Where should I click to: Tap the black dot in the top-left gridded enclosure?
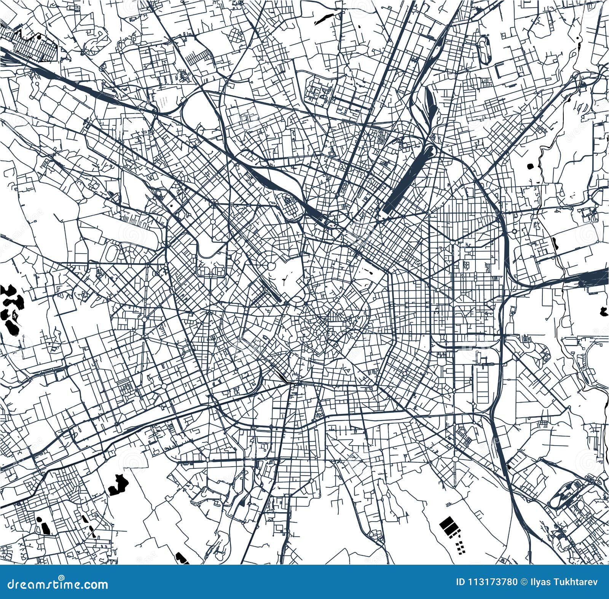(39, 37)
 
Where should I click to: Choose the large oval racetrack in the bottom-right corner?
(567, 495)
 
